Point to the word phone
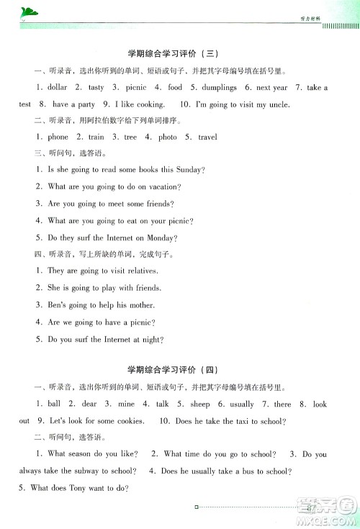tap(58, 137)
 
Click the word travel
tap(207, 137)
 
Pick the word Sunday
tap(189, 170)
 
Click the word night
tap(151, 339)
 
